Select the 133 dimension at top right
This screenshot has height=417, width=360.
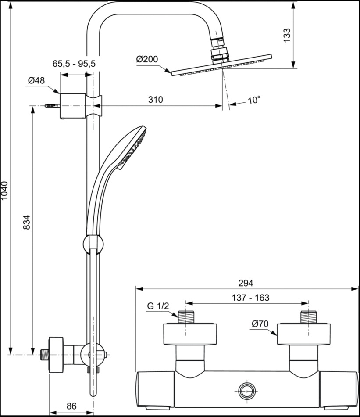point(287,35)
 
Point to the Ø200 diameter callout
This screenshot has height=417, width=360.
point(147,59)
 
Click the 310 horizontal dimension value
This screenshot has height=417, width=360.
point(155,100)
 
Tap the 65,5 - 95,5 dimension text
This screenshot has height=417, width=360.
point(74,64)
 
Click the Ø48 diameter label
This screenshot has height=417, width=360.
point(36,80)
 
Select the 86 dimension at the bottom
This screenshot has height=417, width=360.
point(71,406)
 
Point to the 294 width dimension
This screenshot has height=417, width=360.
point(246,283)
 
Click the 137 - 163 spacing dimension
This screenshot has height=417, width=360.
point(250,298)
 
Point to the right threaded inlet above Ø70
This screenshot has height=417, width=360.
point(309,317)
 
